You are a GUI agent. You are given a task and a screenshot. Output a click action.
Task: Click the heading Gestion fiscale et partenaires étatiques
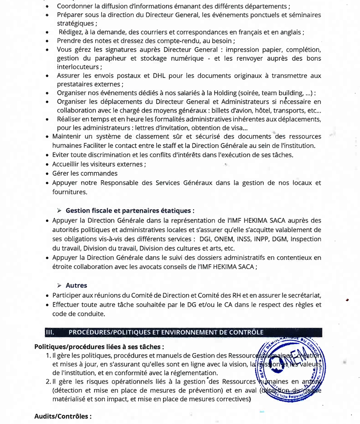(x=130, y=210)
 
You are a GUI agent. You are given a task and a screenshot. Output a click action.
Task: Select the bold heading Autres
(x=76, y=285)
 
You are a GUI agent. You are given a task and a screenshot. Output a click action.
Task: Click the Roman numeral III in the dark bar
(x=50, y=332)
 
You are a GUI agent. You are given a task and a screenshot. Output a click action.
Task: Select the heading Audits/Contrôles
(x=63, y=416)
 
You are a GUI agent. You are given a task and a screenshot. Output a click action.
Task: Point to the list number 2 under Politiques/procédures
(x=48, y=381)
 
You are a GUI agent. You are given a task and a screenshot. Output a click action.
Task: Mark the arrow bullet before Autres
(x=59, y=286)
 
